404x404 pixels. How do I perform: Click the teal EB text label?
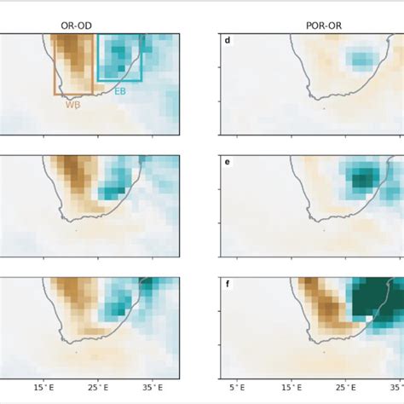(120, 90)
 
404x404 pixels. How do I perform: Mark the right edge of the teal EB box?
(141, 58)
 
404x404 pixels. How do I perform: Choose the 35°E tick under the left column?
(153, 388)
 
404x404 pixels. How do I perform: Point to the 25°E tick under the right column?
(349, 388)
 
